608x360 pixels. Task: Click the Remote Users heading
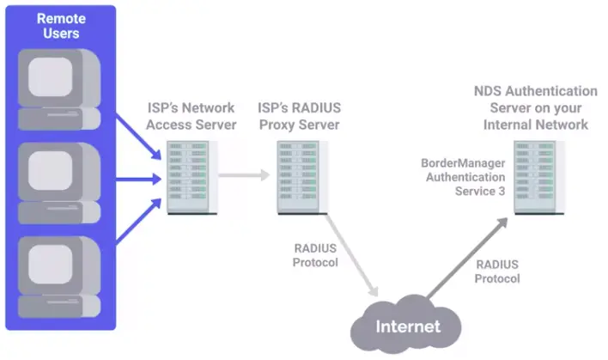(x=59, y=25)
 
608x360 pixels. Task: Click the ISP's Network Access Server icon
(x=188, y=177)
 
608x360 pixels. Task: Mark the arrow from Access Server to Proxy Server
(x=244, y=175)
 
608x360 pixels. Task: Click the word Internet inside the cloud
(x=408, y=327)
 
